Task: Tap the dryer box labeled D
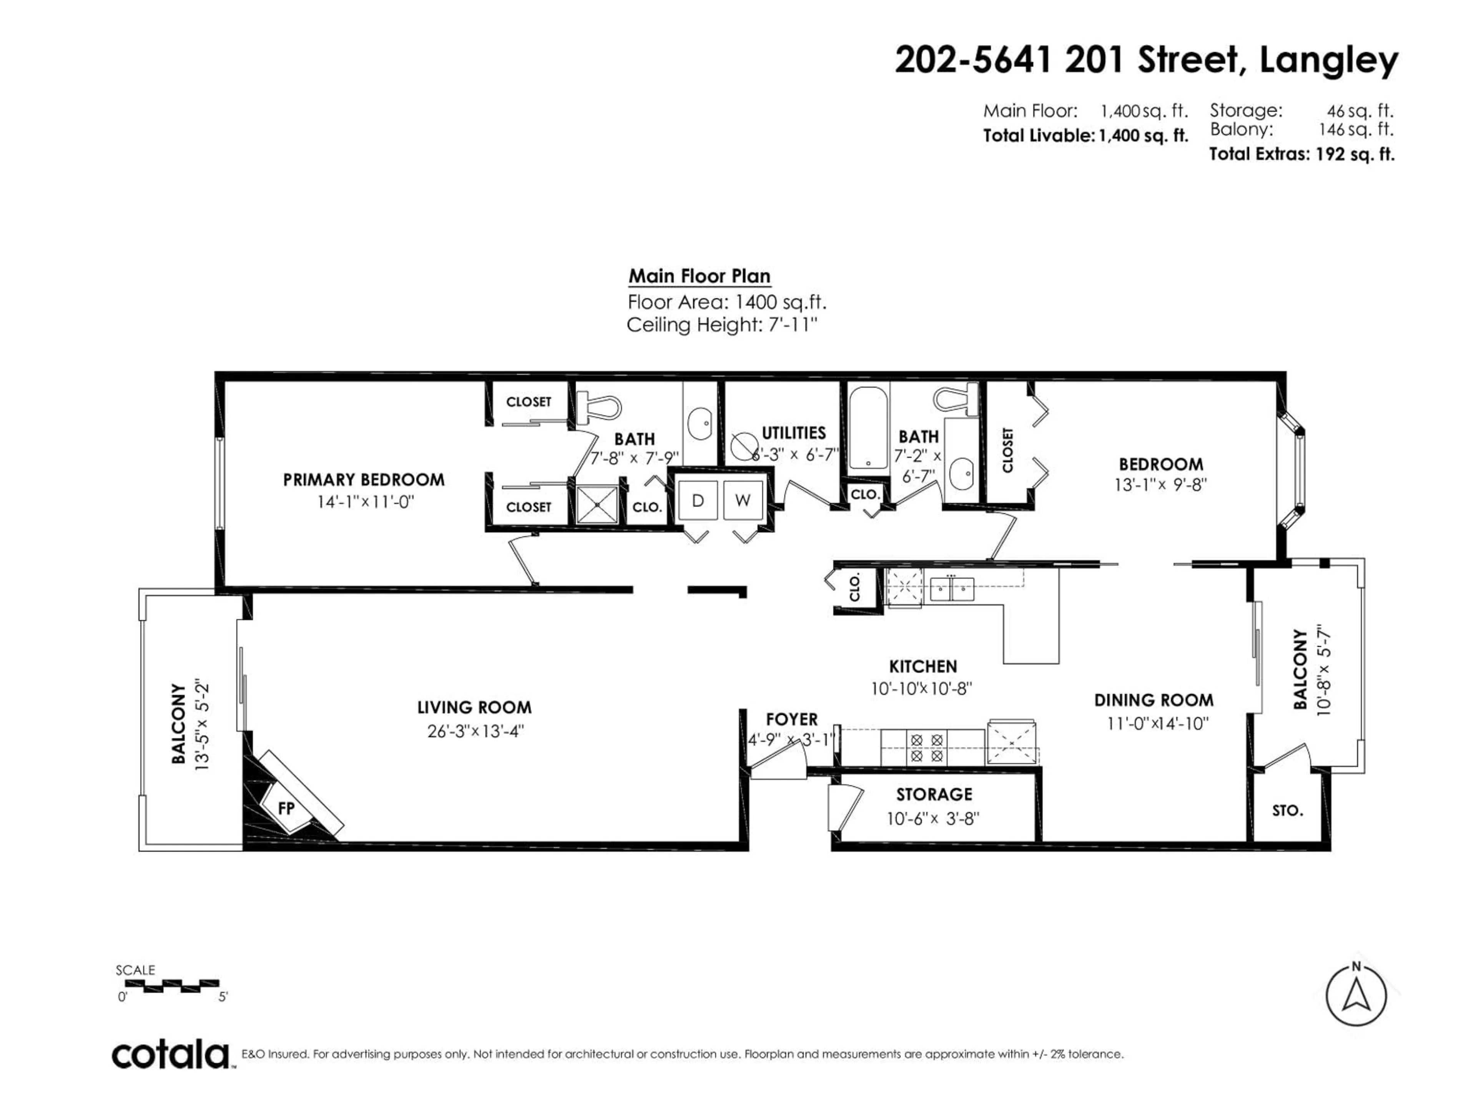pyautogui.click(x=697, y=500)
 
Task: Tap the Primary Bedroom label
pyautogui.click(x=364, y=480)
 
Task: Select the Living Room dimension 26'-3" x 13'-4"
pyautogui.click(x=475, y=731)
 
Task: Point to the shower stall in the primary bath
pyautogui.click(x=597, y=504)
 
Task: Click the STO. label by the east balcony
pyautogui.click(x=1287, y=811)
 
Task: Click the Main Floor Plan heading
pyautogui.click(x=699, y=276)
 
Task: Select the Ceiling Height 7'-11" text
pyautogui.click(x=722, y=326)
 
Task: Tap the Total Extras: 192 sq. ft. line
pyautogui.click(x=1301, y=154)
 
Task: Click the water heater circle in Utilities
pyautogui.click(x=743, y=446)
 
